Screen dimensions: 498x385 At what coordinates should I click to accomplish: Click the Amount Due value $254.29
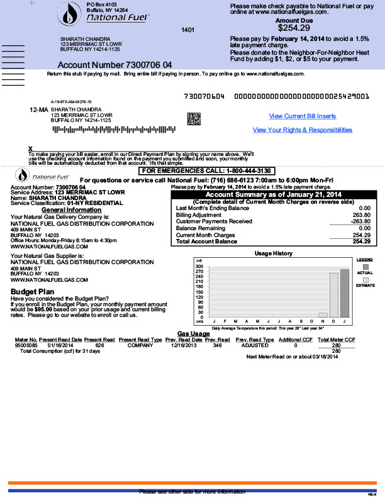[x=293, y=28]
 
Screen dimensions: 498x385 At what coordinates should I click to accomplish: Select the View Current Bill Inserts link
[x=303, y=116]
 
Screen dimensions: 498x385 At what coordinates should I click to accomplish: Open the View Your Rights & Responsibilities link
[x=303, y=130]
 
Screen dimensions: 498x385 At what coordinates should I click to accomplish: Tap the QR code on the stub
[x=194, y=118]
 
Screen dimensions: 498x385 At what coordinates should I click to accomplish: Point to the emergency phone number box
[x=207, y=171]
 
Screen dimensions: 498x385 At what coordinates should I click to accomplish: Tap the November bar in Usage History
[x=323, y=314]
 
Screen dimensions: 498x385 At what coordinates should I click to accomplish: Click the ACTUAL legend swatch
[x=365, y=267]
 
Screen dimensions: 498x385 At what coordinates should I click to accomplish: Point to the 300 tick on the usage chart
[x=199, y=267]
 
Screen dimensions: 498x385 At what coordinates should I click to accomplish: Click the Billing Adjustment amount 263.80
[x=362, y=214]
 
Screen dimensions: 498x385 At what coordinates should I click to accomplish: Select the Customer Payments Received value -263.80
[x=360, y=221]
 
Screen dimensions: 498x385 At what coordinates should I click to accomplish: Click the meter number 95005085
[x=26, y=345]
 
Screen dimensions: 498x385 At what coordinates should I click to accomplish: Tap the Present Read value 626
[x=99, y=345]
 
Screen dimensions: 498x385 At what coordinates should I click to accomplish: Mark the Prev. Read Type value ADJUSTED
[x=255, y=345]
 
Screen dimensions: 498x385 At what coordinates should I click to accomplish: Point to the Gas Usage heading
[x=193, y=333]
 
